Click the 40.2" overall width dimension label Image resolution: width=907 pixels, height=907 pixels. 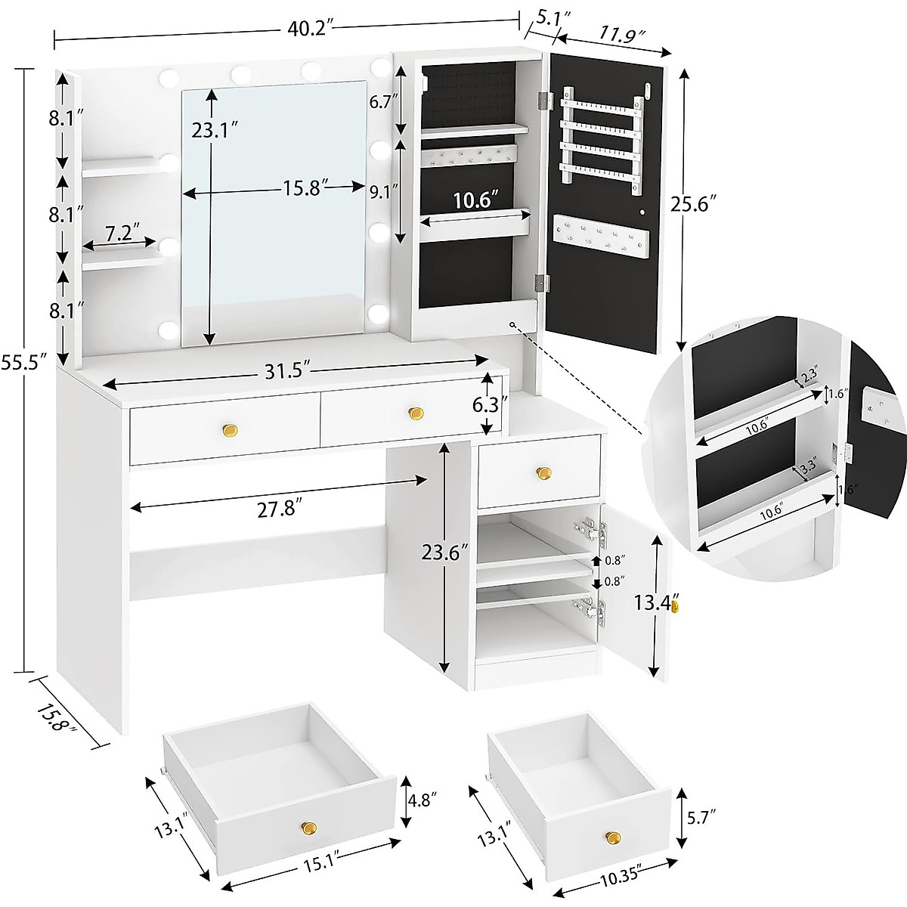tap(310, 28)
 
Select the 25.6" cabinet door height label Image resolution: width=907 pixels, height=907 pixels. tap(692, 203)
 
